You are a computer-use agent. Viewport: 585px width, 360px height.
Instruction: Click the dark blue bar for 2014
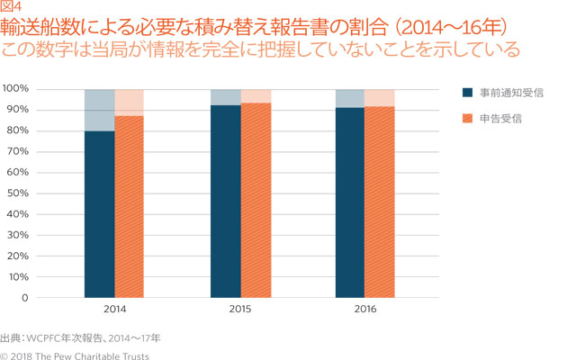(x=99, y=214)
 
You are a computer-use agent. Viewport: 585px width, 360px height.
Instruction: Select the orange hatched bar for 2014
(x=129, y=207)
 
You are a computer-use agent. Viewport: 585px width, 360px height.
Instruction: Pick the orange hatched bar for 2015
(x=256, y=200)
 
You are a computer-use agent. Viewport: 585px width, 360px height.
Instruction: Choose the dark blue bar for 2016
(x=350, y=202)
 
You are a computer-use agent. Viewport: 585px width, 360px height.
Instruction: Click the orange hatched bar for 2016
(x=380, y=202)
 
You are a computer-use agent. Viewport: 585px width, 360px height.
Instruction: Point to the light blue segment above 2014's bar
(x=99, y=110)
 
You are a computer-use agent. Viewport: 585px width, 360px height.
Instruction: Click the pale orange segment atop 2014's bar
(x=129, y=102)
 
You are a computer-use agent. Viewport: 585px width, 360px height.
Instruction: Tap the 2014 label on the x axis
(x=114, y=308)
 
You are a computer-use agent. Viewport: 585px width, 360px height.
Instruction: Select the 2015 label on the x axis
(x=240, y=308)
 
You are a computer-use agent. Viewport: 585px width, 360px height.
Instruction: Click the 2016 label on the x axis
(x=365, y=308)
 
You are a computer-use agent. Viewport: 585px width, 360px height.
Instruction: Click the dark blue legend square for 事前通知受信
(x=466, y=92)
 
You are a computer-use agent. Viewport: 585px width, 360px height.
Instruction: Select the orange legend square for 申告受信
(x=466, y=117)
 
